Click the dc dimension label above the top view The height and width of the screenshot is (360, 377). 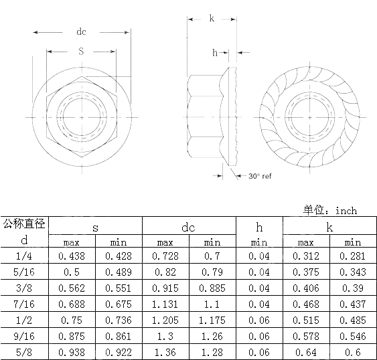pos(81,31)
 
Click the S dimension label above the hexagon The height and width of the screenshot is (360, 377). pos(81,51)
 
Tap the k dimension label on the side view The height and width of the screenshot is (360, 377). pos(212,19)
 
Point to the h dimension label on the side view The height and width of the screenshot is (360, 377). pos(214,52)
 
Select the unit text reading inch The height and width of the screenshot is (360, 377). pos(346,210)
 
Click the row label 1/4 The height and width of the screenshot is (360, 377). pos(24,256)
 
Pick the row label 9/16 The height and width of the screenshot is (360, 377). pos(24,336)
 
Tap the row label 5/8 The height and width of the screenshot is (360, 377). pos(24,352)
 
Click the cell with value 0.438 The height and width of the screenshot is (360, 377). pos(71,256)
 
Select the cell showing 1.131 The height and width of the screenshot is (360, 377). pos(165,304)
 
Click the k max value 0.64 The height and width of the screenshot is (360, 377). pos(305,352)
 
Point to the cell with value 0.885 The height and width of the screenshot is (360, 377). pos(212,288)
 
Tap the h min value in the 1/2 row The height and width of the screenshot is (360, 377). pos(259,320)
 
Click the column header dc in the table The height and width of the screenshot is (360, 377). pos(189,228)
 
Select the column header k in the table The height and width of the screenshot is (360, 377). pos(329,228)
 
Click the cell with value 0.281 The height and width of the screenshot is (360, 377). pos(352,256)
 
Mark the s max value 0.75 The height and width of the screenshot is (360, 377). pos(71,320)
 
